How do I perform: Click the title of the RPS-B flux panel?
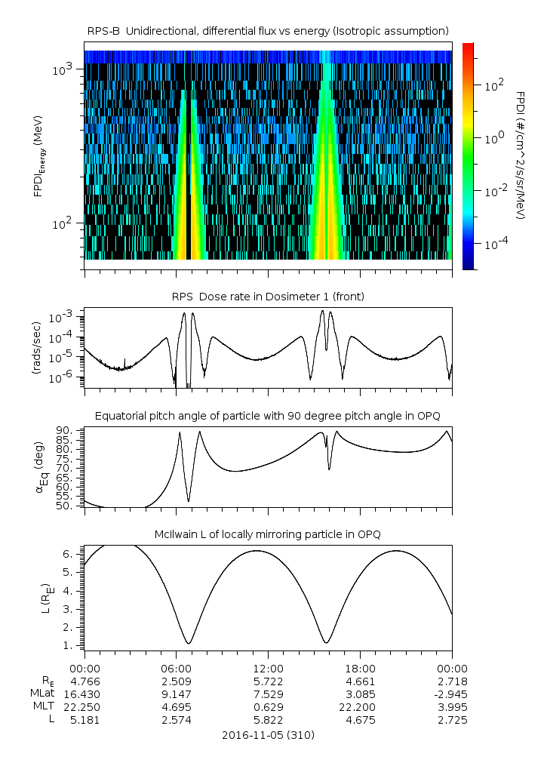point(268,30)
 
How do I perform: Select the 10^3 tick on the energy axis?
point(62,69)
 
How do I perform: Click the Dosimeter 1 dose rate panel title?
point(268,297)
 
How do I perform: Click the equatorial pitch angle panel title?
point(268,416)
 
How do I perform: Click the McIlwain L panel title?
point(268,534)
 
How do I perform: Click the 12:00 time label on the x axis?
point(268,668)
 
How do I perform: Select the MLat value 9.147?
point(176,694)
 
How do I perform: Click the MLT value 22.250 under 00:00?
point(85,707)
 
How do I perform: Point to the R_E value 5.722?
point(268,681)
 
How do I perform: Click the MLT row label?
point(38,707)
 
